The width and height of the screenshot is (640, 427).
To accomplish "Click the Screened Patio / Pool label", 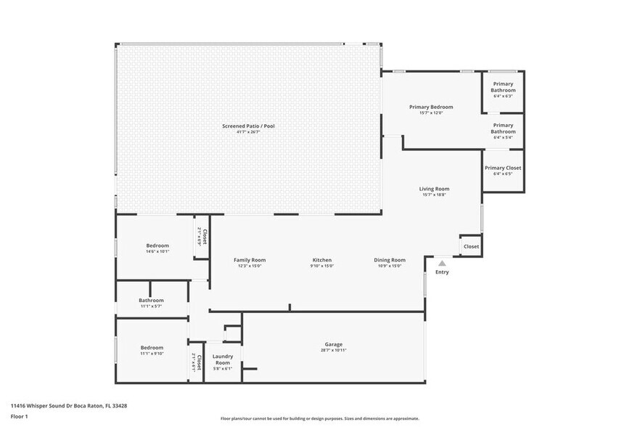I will point(248,126).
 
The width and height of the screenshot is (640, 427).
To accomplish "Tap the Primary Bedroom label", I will point(431,107).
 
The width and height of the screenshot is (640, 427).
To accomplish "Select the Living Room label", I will point(434,189).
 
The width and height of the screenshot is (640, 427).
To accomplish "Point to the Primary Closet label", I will point(503,168).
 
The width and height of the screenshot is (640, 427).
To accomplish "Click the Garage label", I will point(333,344).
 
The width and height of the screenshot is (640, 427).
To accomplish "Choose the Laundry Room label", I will point(222,359).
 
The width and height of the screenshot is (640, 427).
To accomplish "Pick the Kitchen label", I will point(322,260).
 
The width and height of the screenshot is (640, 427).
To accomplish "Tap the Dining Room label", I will point(390,260).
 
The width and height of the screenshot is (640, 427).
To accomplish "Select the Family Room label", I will point(250,260).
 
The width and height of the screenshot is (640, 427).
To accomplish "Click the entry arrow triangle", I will point(442,263).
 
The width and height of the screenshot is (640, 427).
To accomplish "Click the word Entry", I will point(442,272).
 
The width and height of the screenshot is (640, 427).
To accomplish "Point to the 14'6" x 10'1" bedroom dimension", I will point(157,251).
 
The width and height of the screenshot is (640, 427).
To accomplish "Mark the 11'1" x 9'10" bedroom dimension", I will point(152,354).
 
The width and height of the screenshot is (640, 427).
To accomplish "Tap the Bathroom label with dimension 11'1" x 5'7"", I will point(152,300).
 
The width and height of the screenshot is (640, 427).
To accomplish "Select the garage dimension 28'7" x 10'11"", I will point(333,351).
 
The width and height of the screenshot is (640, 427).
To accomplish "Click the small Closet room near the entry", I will point(472,246).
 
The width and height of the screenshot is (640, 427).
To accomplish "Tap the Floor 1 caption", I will point(19,416).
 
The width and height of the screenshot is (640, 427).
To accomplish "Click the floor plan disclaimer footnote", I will point(319,419).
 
